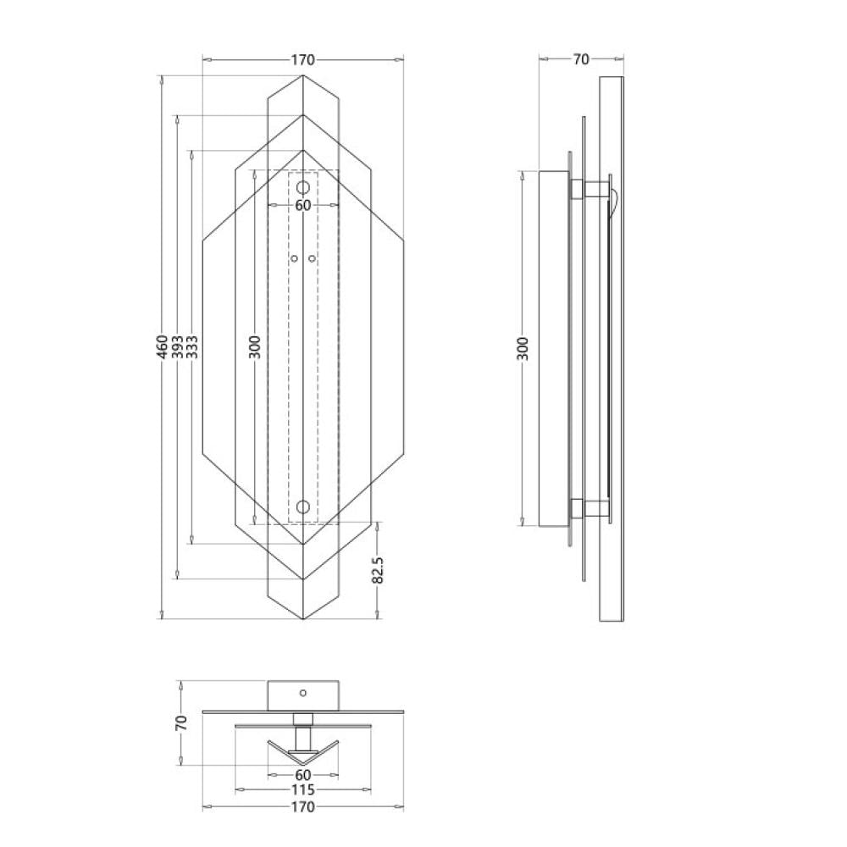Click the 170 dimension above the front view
point(302,59)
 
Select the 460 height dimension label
point(163,346)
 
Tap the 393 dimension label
point(178,346)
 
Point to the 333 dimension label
point(192,346)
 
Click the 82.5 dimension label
point(378,570)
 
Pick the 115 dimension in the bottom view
point(302,789)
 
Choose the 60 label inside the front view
point(303,206)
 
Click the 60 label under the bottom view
point(303,776)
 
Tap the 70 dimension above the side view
point(581,59)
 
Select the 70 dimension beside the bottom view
point(181,722)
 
